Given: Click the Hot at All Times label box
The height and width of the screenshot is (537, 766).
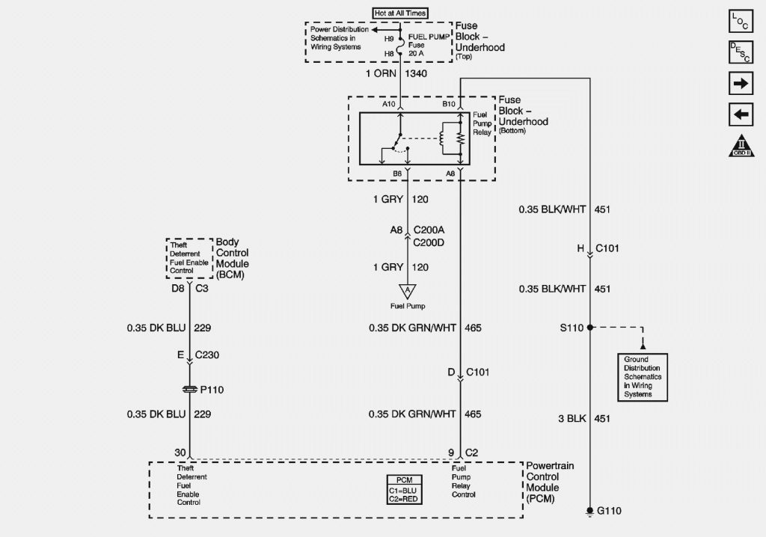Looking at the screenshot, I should click(399, 13).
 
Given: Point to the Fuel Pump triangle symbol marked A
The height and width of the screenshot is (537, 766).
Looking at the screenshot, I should click(407, 290).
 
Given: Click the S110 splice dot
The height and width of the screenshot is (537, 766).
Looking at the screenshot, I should click(589, 327).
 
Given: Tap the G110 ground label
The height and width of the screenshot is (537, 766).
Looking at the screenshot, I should click(609, 511).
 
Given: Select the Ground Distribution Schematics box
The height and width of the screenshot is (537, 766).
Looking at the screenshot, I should click(641, 375).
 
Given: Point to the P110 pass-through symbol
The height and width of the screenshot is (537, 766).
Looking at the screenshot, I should click(190, 389).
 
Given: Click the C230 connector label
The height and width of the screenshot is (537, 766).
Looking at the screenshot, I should click(207, 356).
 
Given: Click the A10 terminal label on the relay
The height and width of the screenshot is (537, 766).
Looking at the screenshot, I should click(389, 105).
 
